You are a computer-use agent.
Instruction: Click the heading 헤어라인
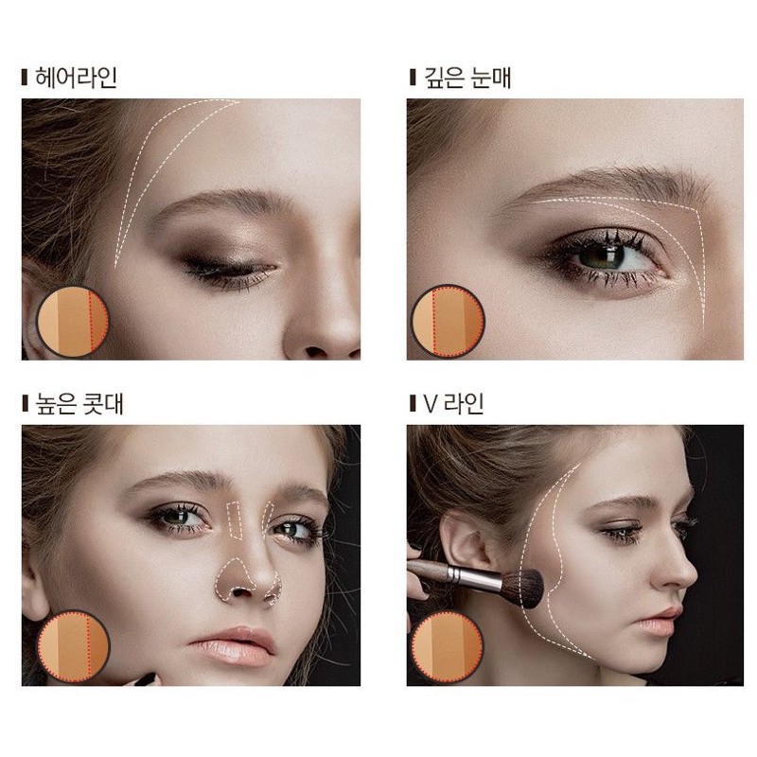click(76, 78)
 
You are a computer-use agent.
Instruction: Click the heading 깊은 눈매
click(467, 78)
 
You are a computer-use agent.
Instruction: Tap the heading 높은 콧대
click(79, 404)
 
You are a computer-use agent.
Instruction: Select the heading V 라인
click(454, 404)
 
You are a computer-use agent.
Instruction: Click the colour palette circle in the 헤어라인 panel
click(73, 321)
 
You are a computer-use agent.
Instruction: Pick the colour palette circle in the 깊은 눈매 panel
click(448, 321)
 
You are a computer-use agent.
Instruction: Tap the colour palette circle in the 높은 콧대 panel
click(73, 647)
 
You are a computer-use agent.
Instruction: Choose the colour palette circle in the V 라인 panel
click(448, 647)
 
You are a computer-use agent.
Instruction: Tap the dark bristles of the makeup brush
click(525, 587)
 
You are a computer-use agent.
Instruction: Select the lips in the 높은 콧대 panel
click(233, 647)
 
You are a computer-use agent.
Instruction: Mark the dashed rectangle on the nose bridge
click(235, 520)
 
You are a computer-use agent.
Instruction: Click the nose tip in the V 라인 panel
click(692, 577)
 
